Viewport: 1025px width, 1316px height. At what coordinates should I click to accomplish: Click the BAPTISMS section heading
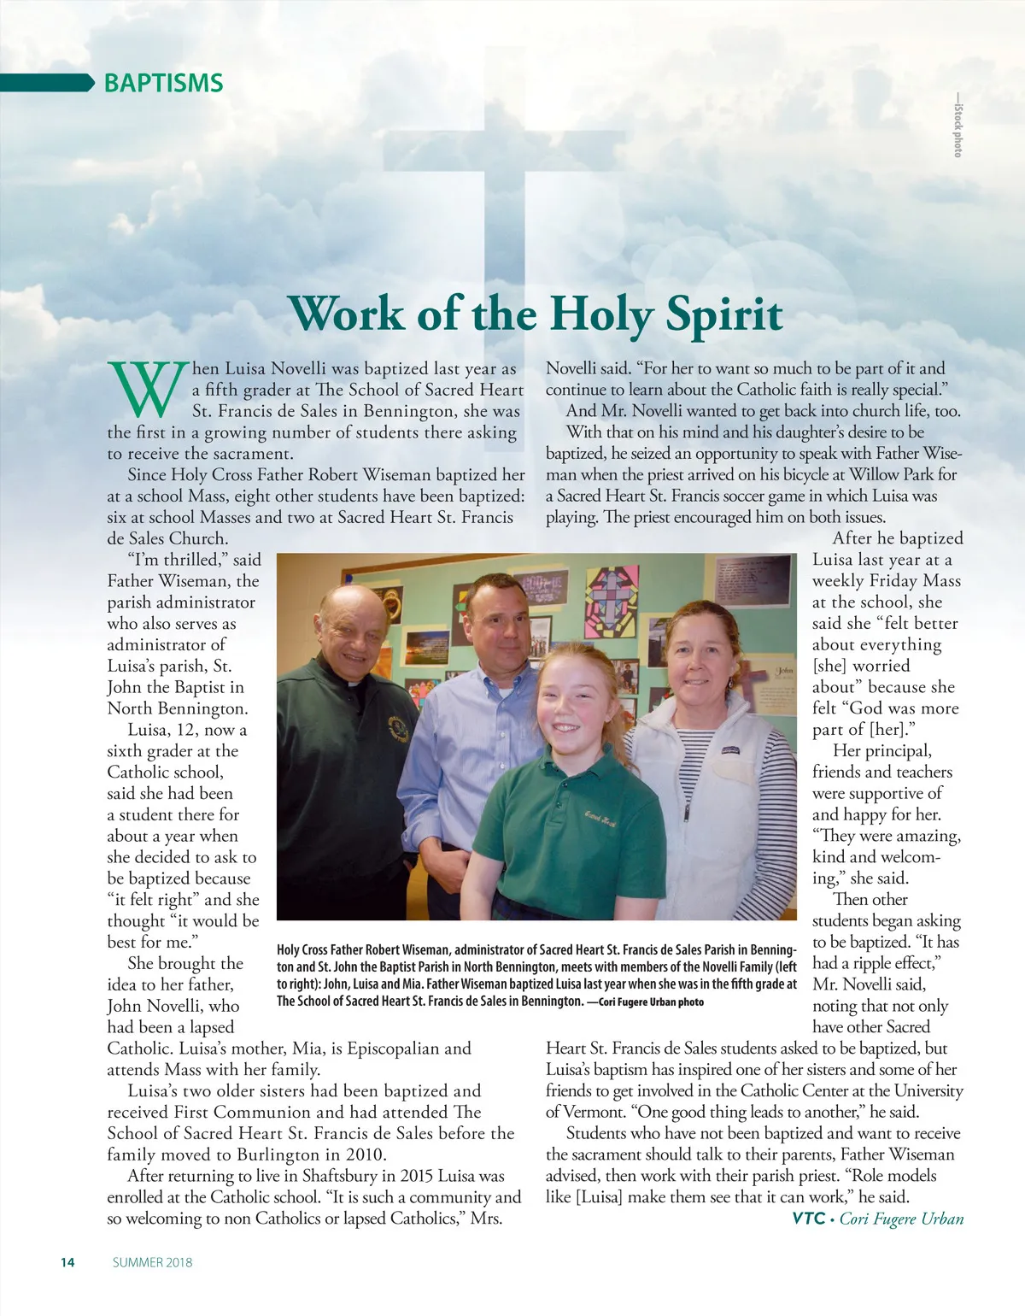[x=163, y=83]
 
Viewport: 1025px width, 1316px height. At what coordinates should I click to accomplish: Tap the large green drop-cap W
[x=148, y=389]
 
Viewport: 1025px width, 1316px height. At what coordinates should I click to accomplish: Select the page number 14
[x=67, y=1262]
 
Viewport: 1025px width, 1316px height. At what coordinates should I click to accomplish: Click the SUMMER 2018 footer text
[x=152, y=1262]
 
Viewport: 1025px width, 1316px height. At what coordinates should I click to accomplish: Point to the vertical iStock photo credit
[x=958, y=125]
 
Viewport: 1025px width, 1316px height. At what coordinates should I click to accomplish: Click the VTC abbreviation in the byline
[x=808, y=1219]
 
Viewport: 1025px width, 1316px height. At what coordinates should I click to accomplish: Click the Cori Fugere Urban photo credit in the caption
[x=650, y=1002]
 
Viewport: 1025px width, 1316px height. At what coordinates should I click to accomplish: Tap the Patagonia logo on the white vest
[x=729, y=750]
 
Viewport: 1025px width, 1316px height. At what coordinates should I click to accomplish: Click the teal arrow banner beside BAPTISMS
[x=47, y=83]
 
